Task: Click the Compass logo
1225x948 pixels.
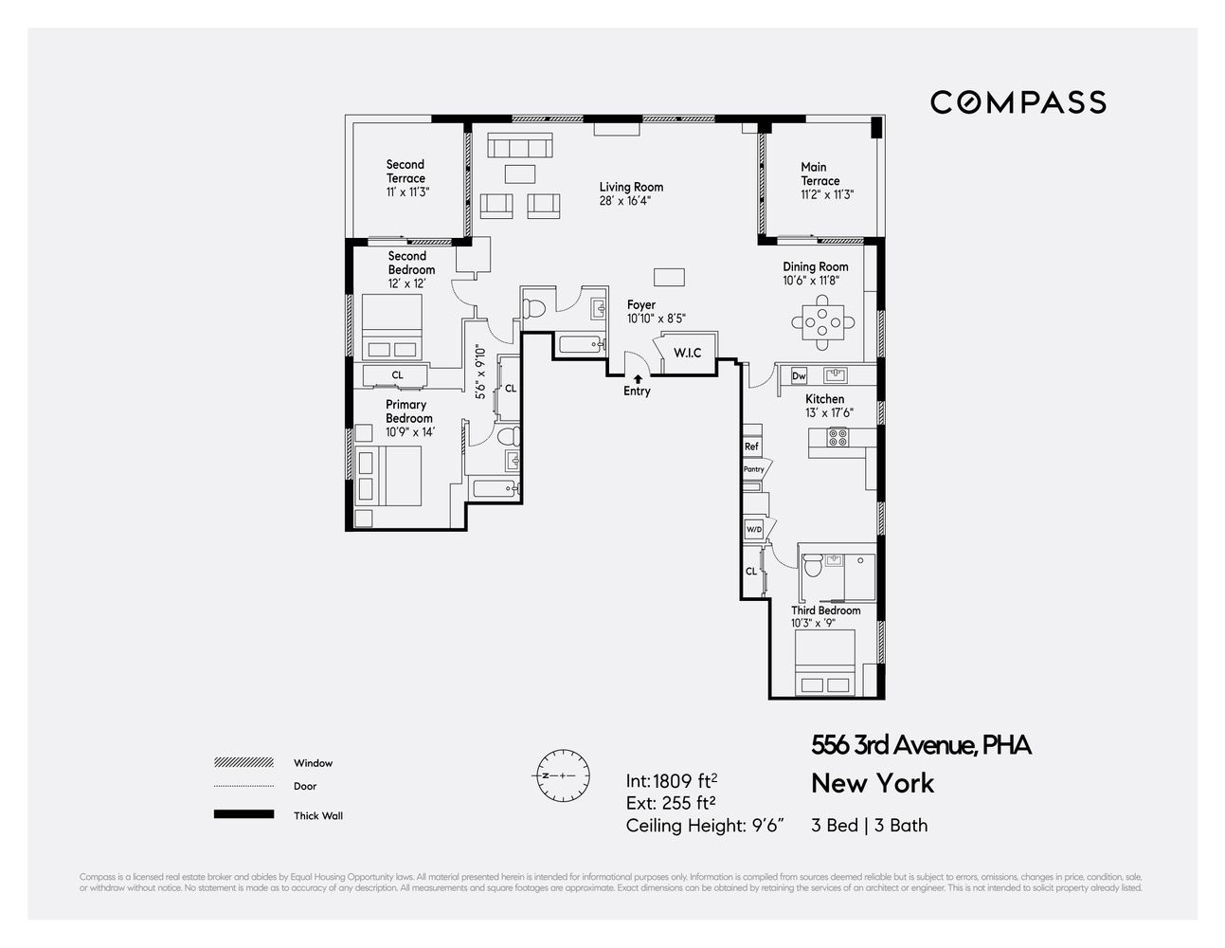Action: pyautogui.click(x=1018, y=102)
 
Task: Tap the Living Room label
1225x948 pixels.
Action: pyautogui.click(x=631, y=187)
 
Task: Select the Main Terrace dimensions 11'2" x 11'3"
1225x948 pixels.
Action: pyautogui.click(x=827, y=194)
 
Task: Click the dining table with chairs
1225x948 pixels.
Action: pyautogui.click(x=822, y=323)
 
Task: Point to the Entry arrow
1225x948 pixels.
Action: pyautogui.click(x=638, y=378)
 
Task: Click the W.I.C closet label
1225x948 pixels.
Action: pyautogui.click(x=687, y=353)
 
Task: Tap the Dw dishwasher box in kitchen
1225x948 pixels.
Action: pyautogui.click(x=799, y=375)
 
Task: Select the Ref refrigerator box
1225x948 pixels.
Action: pyautogui.click(x=751, y=446)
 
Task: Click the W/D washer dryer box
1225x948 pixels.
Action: pyautogui.click(x=754, y=529)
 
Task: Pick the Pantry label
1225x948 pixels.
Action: pyautogui.click(x=754, y=469)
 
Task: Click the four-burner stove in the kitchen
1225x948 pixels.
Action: pyautogui.click(x=838, y=438)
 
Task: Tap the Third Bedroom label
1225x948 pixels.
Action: pyautogui.click(x=826, y=611)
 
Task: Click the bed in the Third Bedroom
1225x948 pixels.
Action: pyautogui.click(x=825, y=663)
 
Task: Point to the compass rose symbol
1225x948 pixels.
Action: pyautogui.click(x=563, y=775)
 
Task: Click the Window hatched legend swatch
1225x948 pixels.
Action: pyautogui.click(x=243, y=762)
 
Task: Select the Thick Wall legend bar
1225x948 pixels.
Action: pyautogui.click(x=243, y=814)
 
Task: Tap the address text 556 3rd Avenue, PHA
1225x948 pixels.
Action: pyautogui.click(x=921, y=745)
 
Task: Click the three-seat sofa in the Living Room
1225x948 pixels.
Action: pyautogui.click(x=519, y=146)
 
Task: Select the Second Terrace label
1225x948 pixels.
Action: pyautogui.click(x=405, y=172)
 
